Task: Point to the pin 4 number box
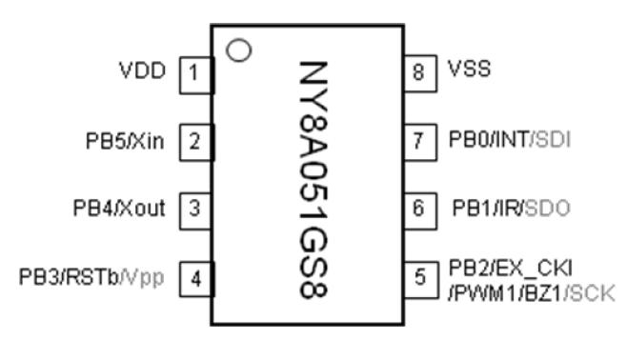point(194,278)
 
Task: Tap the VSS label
point(469,70)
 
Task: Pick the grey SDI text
point(551,141)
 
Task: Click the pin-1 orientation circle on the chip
point(240,48)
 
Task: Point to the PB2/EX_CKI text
point(501,268)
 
